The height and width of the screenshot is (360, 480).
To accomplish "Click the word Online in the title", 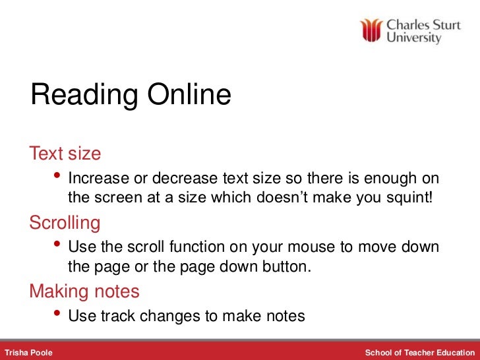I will point(189,96).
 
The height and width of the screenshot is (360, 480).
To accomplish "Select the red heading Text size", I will point(65,154).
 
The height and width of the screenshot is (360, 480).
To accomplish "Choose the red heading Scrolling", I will point(65,223).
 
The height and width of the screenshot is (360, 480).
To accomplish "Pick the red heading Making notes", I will point(84,291).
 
